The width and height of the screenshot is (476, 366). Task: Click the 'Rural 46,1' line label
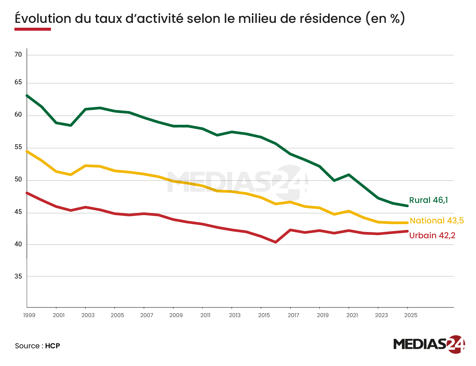tap(428, 200)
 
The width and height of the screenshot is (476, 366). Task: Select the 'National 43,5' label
tap(437, 221)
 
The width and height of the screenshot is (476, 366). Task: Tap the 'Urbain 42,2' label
tap(432, 235)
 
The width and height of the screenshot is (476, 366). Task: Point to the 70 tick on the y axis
tap(18, 55)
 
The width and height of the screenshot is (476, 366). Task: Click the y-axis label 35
tap(18, 276)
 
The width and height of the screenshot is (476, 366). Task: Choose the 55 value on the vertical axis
tap(18, 147)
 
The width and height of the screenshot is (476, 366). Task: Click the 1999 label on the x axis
tap(29, 315)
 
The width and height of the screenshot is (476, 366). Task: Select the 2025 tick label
tap(411, 315)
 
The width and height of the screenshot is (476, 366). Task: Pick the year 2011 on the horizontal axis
tap(205, 315)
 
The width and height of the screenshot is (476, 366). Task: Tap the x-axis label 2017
tap(293, 315)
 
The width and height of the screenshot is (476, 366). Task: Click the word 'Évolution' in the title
tap(43, 19)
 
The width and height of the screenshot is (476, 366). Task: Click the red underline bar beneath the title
tap(33, 29)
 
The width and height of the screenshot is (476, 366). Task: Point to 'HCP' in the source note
tap(53, 346)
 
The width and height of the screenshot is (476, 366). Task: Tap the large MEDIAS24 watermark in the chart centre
tap(237, 182)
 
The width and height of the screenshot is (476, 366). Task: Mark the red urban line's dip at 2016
tap(276, 242)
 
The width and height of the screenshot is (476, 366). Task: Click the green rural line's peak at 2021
tap(349, 175)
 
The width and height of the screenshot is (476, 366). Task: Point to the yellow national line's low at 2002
tap(71, 174)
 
